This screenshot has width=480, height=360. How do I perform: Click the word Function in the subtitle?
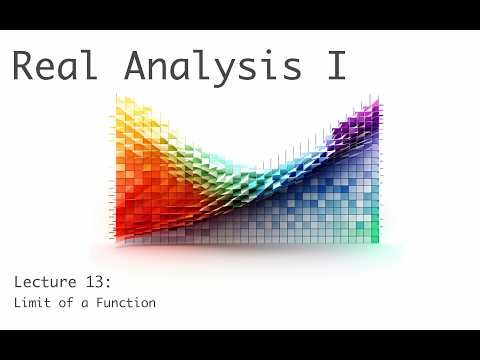coord(124,302)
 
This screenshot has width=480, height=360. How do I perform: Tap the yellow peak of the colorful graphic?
coord(124,104)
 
